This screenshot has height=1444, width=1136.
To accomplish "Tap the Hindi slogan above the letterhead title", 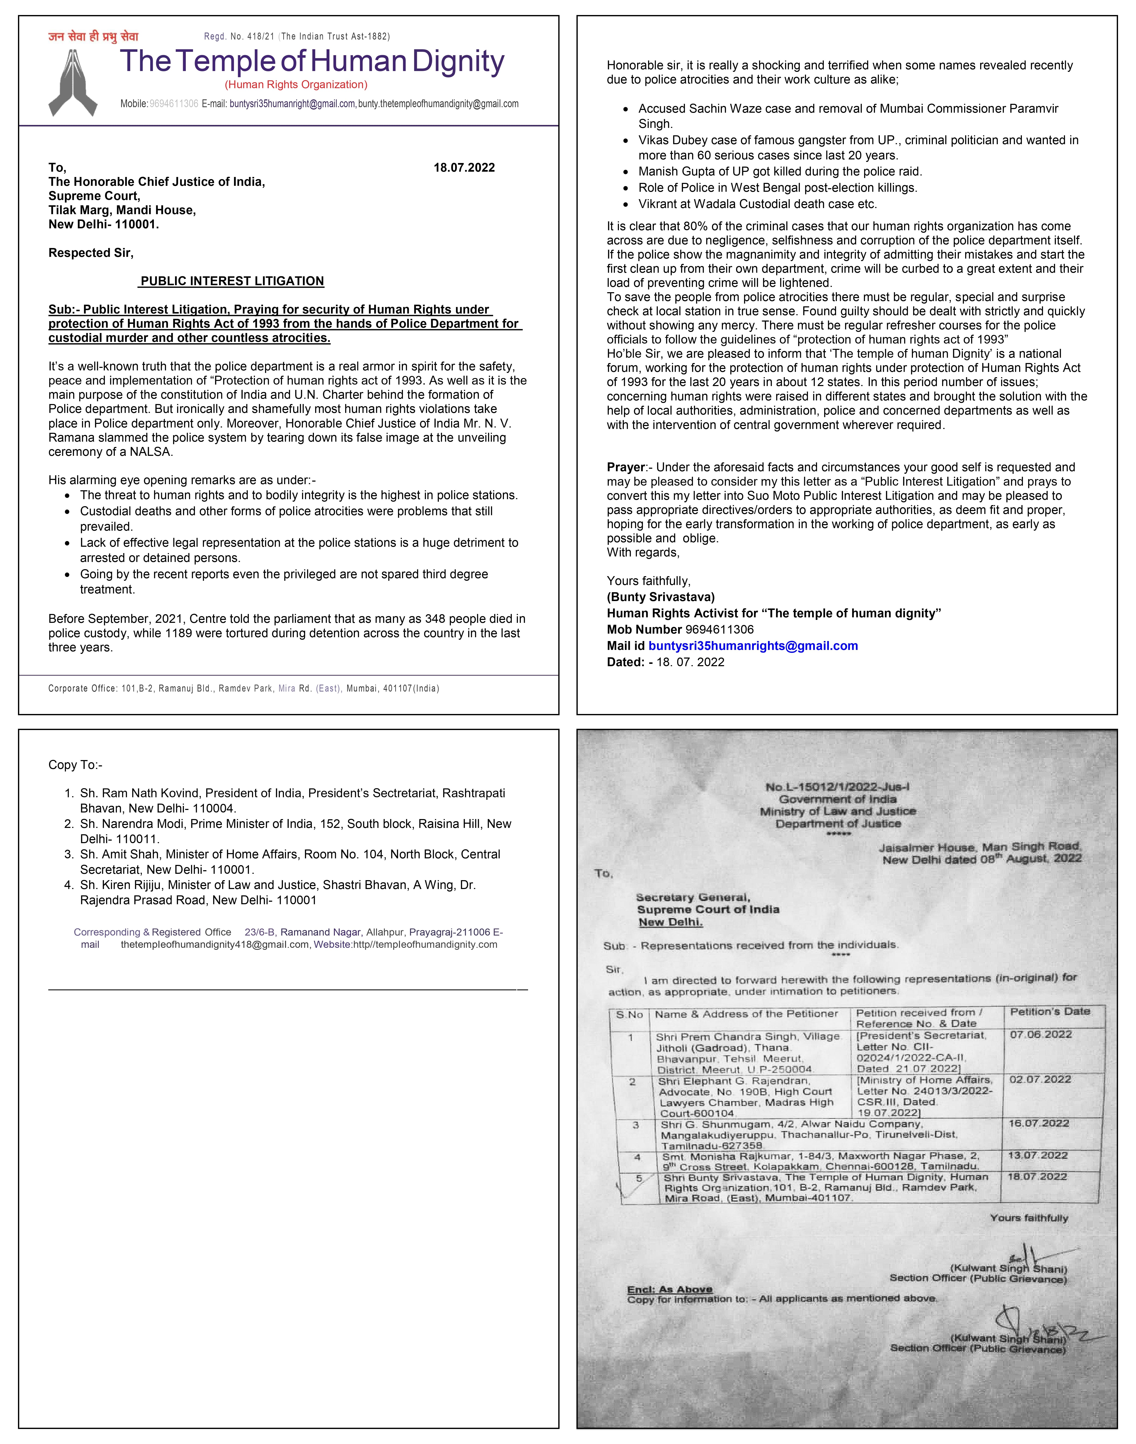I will [93, 37].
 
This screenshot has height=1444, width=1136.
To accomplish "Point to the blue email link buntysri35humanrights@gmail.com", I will [753, 646].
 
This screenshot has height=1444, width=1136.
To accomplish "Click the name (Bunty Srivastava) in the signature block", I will [660, 597].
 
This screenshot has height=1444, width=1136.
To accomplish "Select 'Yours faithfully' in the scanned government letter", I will [1028, 1218].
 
